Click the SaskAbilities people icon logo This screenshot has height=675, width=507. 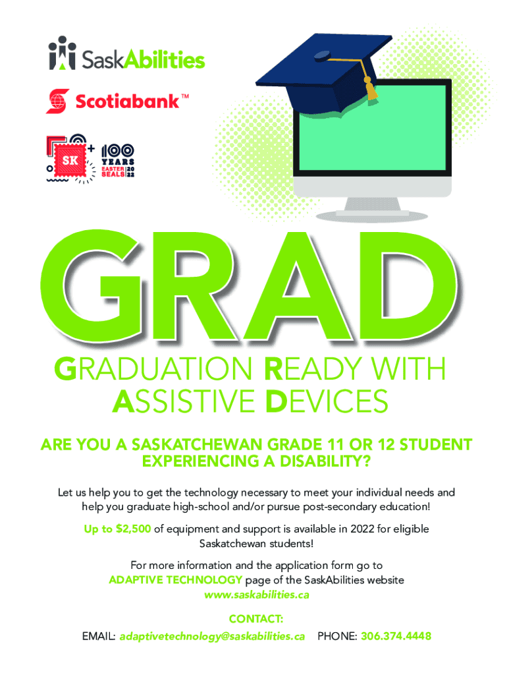point(63,53)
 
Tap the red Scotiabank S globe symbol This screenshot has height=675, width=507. point(58,101)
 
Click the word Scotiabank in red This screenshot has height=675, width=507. point(127,101)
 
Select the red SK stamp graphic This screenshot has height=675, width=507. point(70,160)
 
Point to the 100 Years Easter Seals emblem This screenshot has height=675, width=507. point(118,160)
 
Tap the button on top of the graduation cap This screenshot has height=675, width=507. point(322,55)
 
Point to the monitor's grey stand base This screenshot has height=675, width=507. point(372,214)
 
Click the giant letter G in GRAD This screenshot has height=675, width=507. point(92,285)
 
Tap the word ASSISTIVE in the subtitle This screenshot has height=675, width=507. point(184,401)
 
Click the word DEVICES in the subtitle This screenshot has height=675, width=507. point(327,401)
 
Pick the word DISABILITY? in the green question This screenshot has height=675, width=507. point(325,461)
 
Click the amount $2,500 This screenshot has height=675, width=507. point(133,529)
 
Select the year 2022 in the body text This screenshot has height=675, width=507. point(363,529)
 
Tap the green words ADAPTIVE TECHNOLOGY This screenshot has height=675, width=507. point(175,580)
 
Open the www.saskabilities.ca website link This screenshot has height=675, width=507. point(257,595)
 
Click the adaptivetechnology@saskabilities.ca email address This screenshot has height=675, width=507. point(212,636)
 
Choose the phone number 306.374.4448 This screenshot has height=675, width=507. point(396,636)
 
